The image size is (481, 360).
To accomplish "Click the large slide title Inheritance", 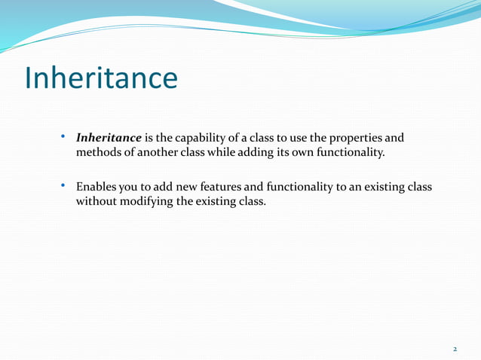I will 101,78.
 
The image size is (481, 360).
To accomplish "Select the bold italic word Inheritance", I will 109,139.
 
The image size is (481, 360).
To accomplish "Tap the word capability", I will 202,139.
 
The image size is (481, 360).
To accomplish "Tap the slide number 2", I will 455,349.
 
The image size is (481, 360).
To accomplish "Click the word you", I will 130,187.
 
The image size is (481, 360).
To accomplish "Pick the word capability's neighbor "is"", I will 149,139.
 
